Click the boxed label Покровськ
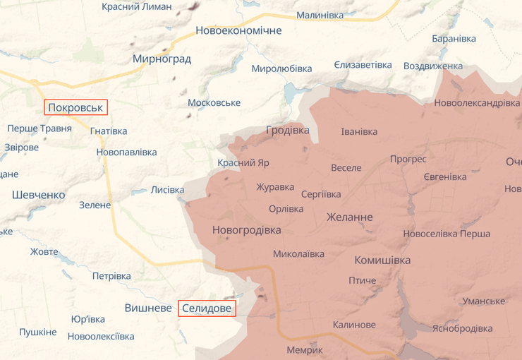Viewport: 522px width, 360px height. pyautogui.click(x=75, y=108)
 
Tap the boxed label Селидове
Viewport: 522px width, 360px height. pyautogui.click(x=207, y=308)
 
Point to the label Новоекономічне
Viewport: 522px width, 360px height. pyautogui.click(x=238, y=30)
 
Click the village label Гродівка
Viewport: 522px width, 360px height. pyautogui.click(x=288, y=130)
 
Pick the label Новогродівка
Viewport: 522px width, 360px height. pyautogui.click(x=246, y=230)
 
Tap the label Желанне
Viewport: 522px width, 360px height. pyautogui.click(x=350, y=217)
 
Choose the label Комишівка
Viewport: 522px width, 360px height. pyautogui.click(x=382, y=260)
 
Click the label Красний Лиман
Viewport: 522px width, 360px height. pyautogui.click(x=135, y=6)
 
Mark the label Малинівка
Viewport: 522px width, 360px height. pyautogui.click(x=320, y=15)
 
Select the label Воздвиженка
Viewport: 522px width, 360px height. pyautogui.click(x=432, y=66)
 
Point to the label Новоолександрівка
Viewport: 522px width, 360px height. pyautogui.click(x=477, y=103)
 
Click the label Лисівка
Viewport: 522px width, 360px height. pyautogui.click(x=167, y=190)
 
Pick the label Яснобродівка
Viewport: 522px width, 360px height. pyautogui.click(x=462, y=328)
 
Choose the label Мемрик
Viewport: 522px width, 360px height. pyautogui.click(x=305, y=350)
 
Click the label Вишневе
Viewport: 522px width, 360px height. pyautogui.click(x=148, y=308)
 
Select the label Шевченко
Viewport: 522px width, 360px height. pyautogui.click(x=39, y=195)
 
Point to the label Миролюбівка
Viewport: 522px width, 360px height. pyautogui.click(x=281, y=68)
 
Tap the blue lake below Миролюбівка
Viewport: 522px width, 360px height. pyautogui.click(x=291, y=92)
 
